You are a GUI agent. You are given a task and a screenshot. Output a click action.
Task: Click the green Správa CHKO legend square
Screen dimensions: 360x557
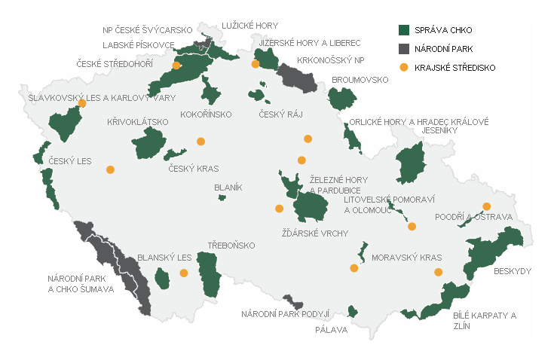click(x=403, y=30)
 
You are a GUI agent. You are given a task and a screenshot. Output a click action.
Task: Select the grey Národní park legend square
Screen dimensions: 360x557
click(x=403, y=49)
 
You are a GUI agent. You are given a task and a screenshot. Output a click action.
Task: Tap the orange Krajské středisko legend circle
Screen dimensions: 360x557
click(x=403, y=68)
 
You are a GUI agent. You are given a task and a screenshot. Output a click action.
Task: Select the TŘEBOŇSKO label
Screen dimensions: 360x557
click(x=231, y=246)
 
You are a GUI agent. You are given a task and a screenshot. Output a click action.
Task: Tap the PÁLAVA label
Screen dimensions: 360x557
click(x=332, y=328)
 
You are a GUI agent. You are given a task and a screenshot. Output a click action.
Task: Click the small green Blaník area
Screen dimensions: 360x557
click(x=222, y=198)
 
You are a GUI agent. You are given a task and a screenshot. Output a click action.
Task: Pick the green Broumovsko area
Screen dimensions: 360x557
click(x=342, y=99)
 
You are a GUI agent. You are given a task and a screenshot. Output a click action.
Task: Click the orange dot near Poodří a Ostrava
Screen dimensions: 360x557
click(x=487, y=206)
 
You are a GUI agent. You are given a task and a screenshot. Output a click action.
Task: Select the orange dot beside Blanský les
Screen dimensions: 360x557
click(x=183, y=273)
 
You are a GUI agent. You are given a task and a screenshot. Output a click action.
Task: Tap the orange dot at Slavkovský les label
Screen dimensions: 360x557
click(x=82, y=103)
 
